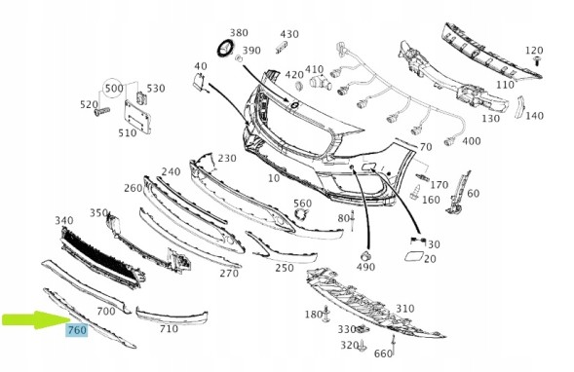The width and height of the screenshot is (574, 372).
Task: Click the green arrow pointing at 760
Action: tap(35, 319)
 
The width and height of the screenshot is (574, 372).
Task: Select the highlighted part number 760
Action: tap(77, 330)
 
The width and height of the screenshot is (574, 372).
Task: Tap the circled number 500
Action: tap(114, 89)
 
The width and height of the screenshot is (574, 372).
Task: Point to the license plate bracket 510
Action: tap(137, 117)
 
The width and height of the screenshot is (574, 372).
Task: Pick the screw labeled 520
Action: tap(101, 111)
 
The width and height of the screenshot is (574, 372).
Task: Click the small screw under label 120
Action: tap(538, 60)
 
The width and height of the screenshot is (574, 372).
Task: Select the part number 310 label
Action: tap(404, 309)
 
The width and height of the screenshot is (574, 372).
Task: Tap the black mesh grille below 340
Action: tap(102, 257)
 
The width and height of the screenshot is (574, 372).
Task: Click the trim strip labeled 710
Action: tap(171, 316)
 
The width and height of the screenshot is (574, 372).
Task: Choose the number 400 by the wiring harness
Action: tap(472, 141)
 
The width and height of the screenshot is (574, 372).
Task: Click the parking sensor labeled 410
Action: tap(320, 83)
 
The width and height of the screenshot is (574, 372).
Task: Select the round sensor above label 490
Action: tap(364, 256)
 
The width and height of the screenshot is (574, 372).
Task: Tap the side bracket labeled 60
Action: tap(457, 192)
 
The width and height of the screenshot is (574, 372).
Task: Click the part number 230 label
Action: tap(227, 158)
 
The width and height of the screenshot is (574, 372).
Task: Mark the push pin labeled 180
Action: tap(326, 315)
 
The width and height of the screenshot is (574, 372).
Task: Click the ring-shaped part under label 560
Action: tap(303, 214)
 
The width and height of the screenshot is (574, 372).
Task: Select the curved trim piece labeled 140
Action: tap(520, 107)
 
